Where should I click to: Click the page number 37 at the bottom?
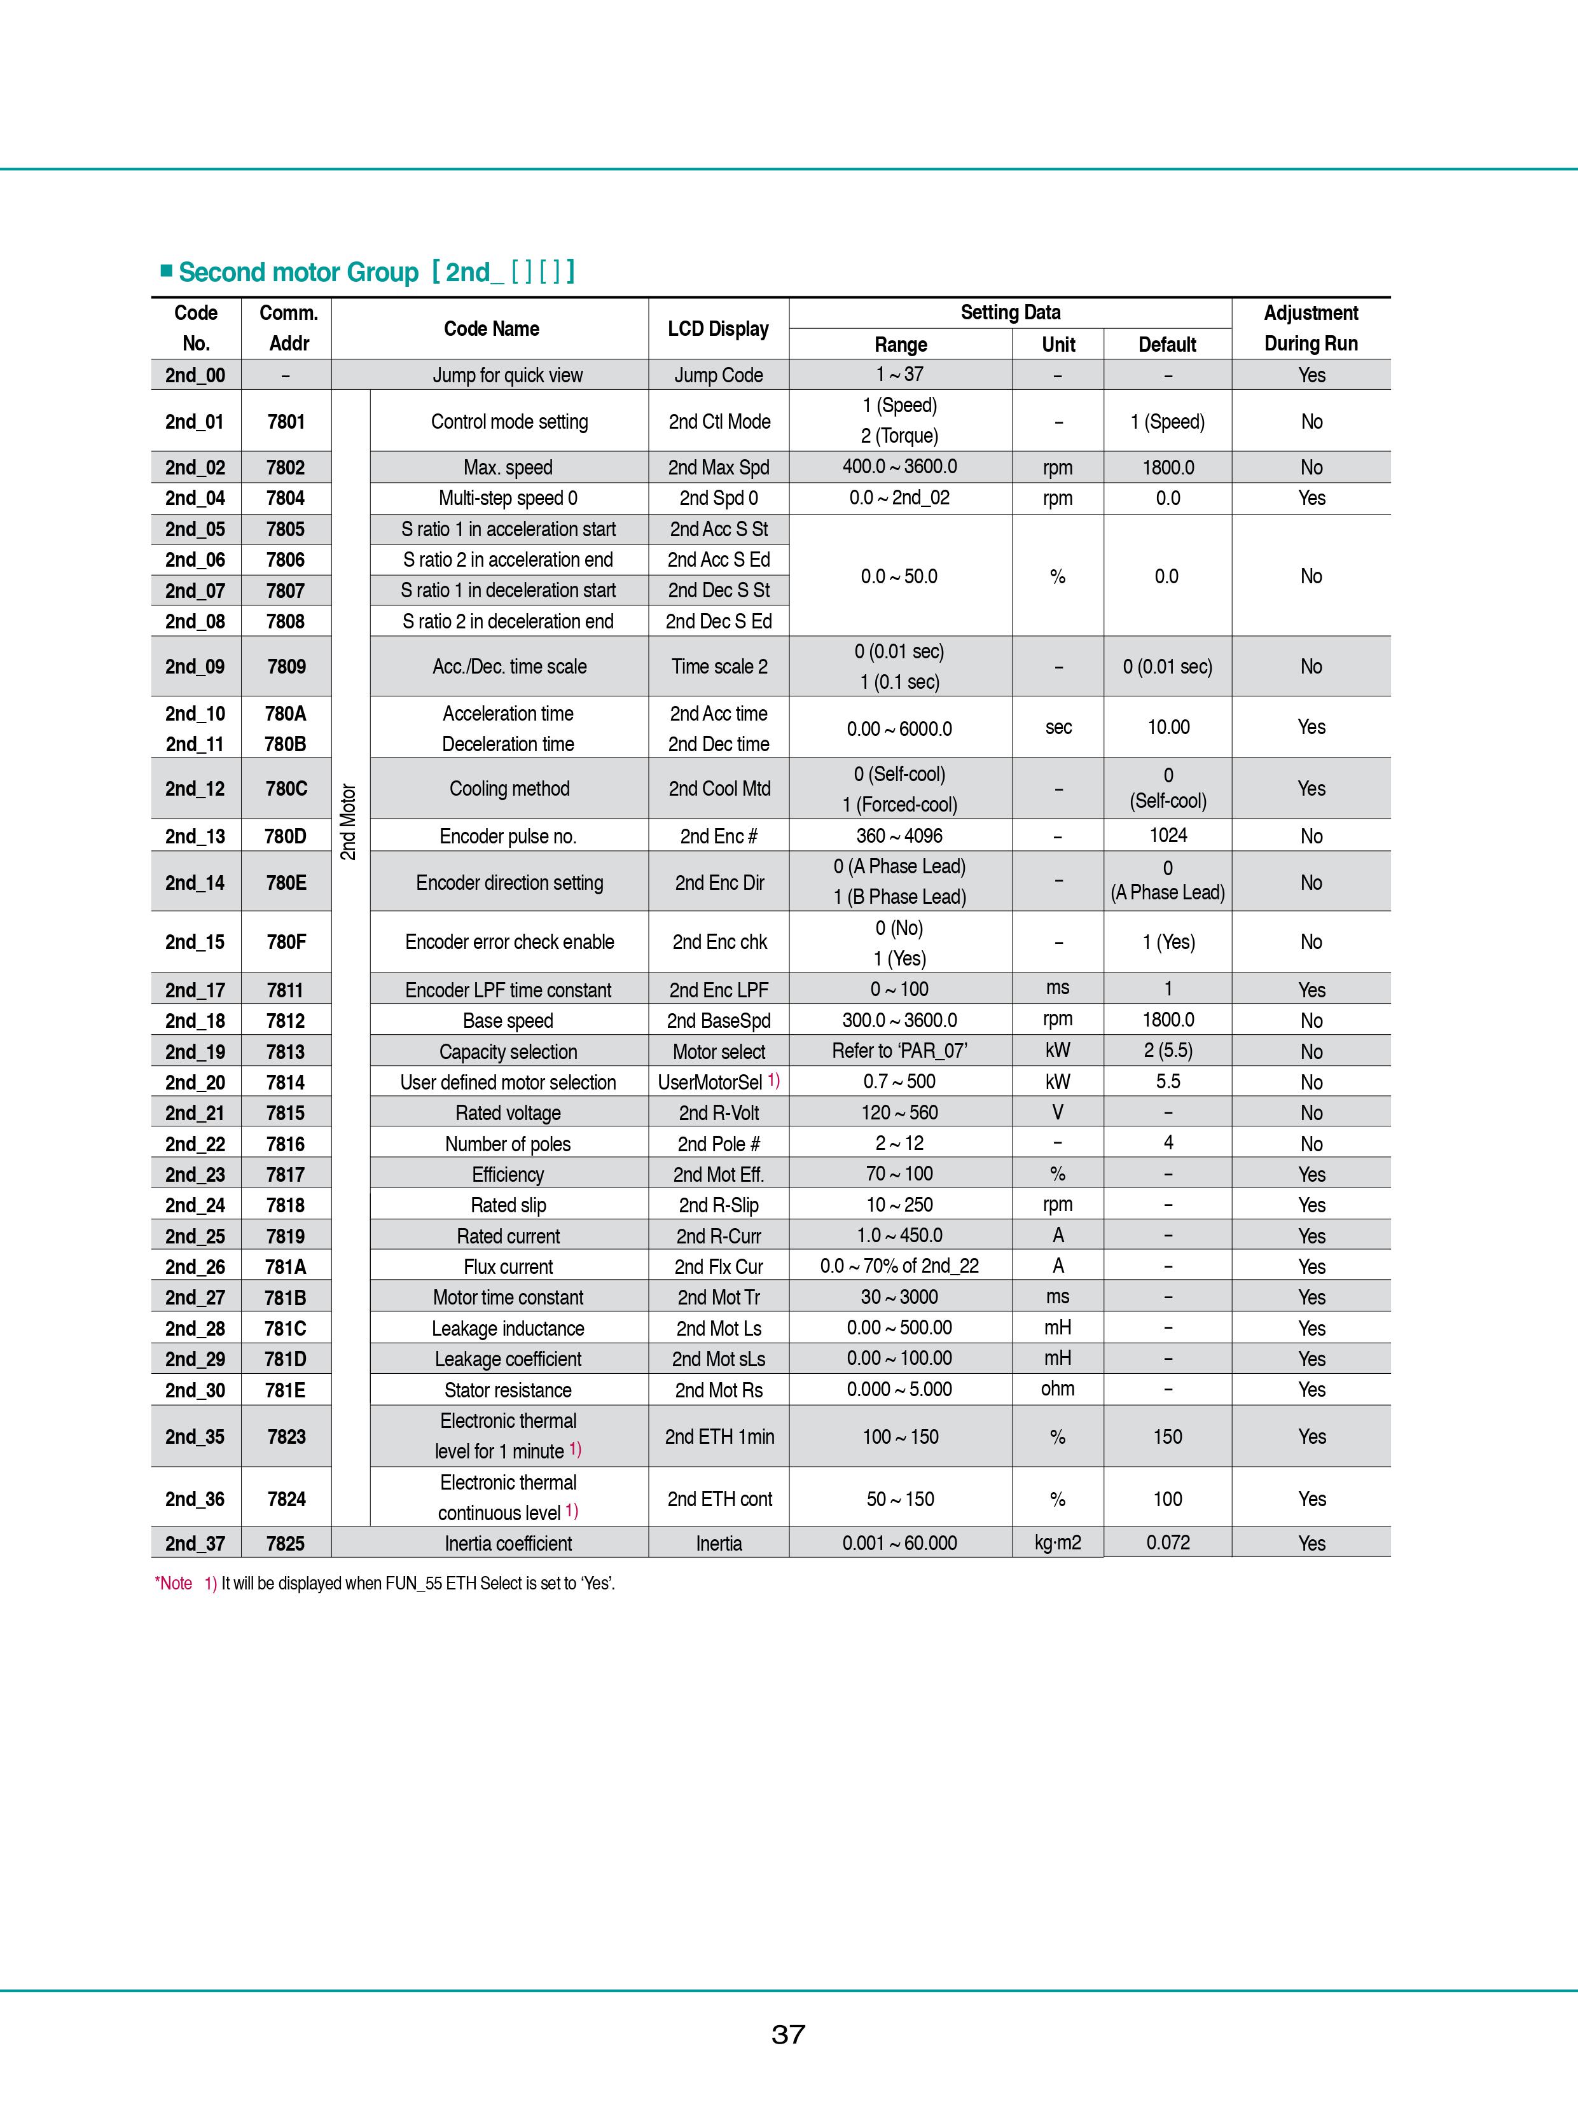click(789, 2035)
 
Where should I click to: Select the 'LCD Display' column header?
click(718, 329)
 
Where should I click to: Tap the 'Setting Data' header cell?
click(1010, 313)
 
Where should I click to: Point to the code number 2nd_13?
click(195, 836)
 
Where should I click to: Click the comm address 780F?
click(286, 942)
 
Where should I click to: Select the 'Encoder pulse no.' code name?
click(508, 836)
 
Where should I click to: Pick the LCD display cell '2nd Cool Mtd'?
click(719, 789)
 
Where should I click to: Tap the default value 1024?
click(1168, 835)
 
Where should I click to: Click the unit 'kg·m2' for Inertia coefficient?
click(1058, 1543)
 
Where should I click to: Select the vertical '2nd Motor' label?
click(348, 822)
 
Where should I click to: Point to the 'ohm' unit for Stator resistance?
click(1058, 1388)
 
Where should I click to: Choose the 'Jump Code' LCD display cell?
click(718, 375)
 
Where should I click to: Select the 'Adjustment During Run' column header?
click(1311, 328)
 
